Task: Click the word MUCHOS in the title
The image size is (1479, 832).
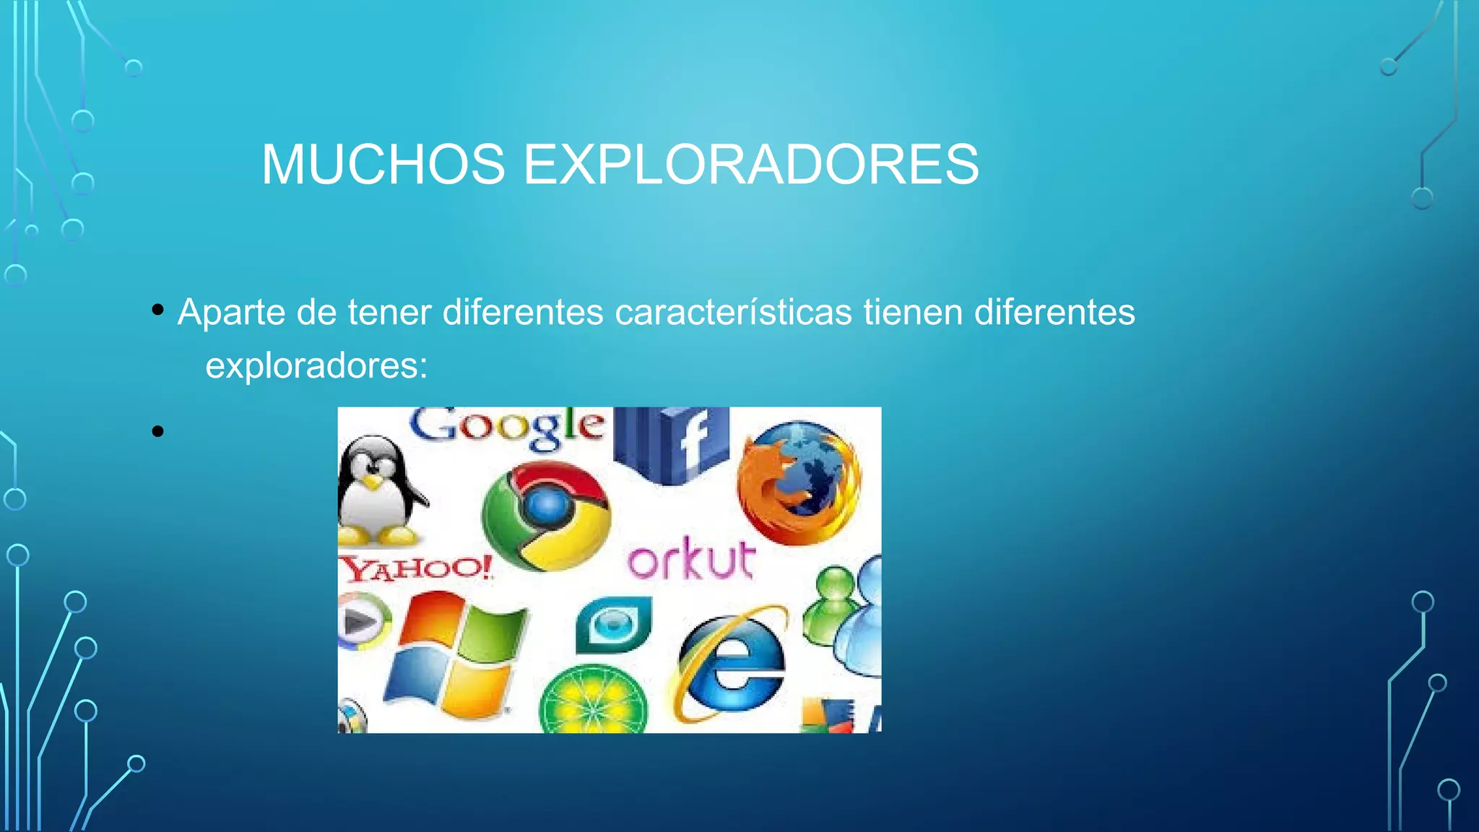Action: (383, 165)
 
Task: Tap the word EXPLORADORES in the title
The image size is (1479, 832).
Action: (750, 165)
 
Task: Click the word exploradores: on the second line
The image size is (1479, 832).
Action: (316, 365)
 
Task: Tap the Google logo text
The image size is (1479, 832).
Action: (507, 427)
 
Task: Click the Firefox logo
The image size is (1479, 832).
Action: (799, 482)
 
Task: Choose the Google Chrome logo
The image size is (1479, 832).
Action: (547, 516)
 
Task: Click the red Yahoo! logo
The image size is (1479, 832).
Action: (416, 568)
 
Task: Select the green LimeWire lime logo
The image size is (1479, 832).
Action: (594, 701)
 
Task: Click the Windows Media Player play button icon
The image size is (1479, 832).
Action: (361, 621)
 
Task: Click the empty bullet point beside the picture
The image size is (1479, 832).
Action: (158, 432)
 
